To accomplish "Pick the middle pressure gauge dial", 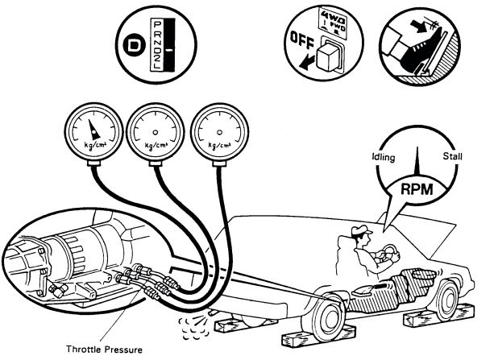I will click(x=155, y=130).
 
